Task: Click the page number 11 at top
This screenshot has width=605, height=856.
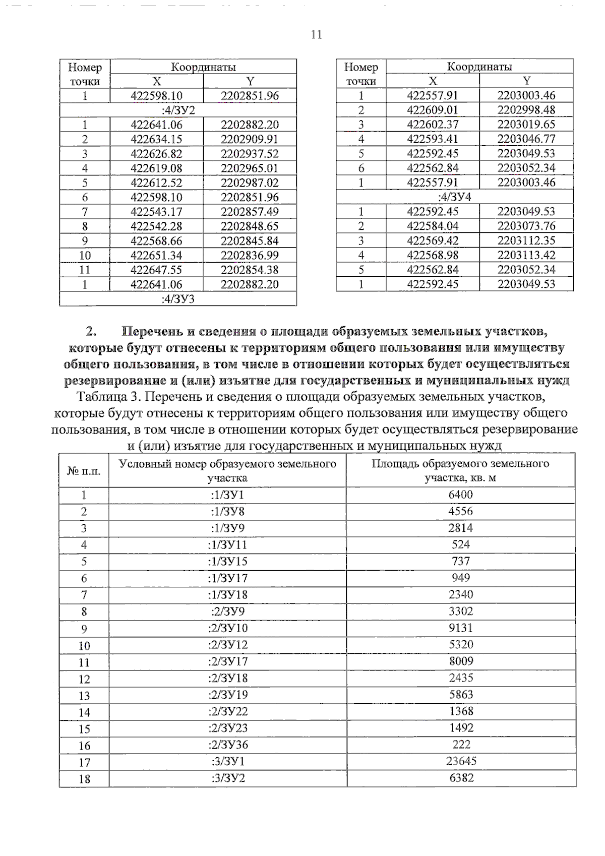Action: (316, 34)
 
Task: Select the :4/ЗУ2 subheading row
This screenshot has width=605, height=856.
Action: (178, 110)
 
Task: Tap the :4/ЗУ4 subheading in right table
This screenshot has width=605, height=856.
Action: (454, 197)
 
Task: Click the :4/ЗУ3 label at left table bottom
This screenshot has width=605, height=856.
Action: (178, 299)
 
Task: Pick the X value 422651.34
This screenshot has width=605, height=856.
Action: (156, 256)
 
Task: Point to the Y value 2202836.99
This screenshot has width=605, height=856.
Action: (249, 256)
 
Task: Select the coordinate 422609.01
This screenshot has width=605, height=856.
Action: (433, 110)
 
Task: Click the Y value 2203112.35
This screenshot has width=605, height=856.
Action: (526, 240)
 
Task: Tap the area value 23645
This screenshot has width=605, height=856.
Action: (461, 761)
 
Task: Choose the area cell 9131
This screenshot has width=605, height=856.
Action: (461, 628)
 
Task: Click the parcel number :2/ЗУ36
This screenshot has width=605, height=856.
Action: (228, 745)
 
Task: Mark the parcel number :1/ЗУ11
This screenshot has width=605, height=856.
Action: (228, 545)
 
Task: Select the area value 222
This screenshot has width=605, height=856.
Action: (461, 745)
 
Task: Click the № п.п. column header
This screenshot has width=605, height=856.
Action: (84, 471)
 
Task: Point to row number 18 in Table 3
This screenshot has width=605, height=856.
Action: (84, 779)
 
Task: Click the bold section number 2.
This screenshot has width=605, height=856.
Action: (91, 331)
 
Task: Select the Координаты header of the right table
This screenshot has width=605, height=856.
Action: (479, 67)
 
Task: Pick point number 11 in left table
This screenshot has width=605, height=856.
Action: (85, 270)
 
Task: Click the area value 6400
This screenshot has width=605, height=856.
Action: (461, 495)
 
